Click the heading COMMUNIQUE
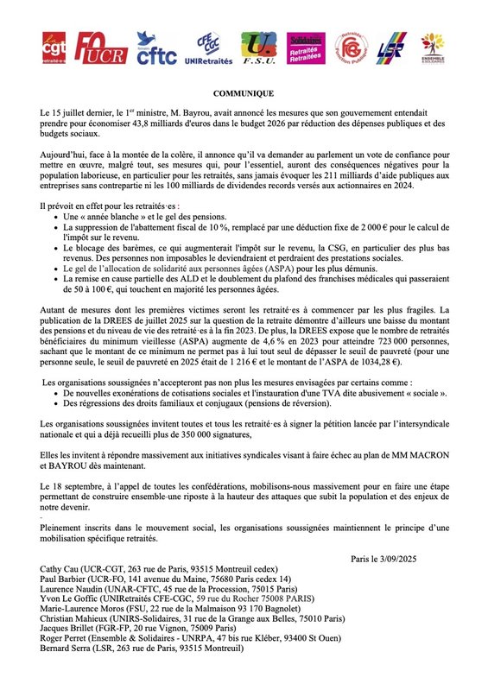pyautogui.click(x=244, y=93)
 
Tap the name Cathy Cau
pyautogui.click(x=63, y=571)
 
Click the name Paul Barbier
pyautogui.click(x=65, y=581)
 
